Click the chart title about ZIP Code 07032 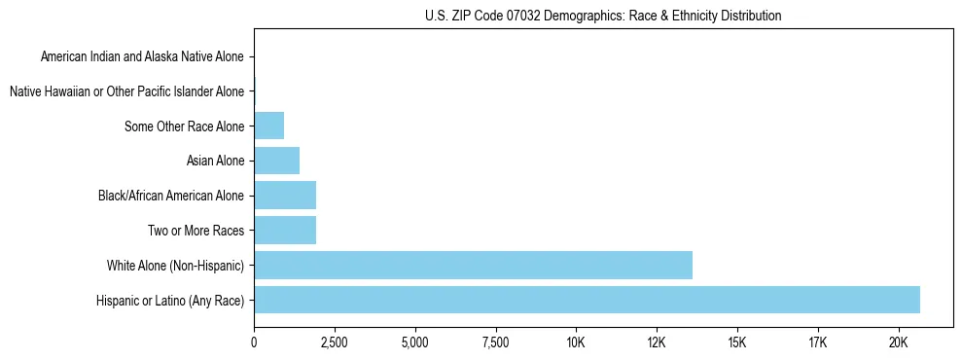tap(603, 16)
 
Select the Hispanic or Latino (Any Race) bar tap(587, 300)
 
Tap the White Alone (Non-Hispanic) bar tap(473, 265)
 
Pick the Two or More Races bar tap(285, 231)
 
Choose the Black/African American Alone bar tap(285, 196)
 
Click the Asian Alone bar tap(276, 161)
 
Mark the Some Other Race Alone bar tap(268, 126)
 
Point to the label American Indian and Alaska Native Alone tap(142, 57)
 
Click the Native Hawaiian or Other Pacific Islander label tap(126, 91)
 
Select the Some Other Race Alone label tap(185, 126)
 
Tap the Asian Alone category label tap(215, 161)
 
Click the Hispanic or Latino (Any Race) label tap(170, 300)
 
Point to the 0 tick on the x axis tap(254, 342)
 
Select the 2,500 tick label tap(335, 342)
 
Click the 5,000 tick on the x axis tap(415, 342)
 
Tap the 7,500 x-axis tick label tap(495, 342)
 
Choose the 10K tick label tap(576, 342)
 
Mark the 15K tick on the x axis tap(736, 342)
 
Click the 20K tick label tap(898, 342)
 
